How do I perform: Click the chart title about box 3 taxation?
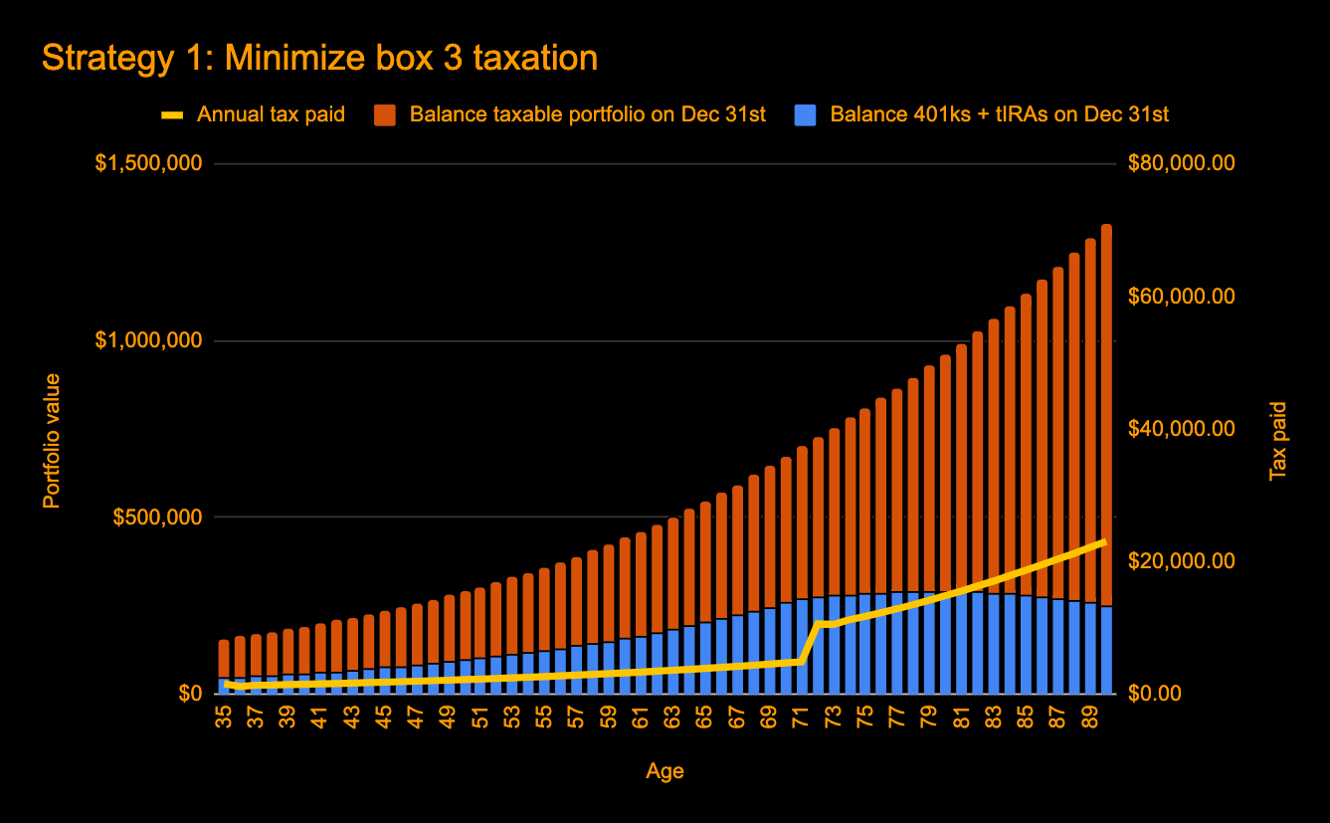(319, 59)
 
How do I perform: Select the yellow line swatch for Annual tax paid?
(172, 114)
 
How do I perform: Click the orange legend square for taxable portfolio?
(385, 114)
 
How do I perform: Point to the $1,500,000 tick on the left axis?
(148, 163)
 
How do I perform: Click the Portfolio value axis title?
(52, 440)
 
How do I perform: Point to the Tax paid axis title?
(1279, 440)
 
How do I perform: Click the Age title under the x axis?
(665, 771)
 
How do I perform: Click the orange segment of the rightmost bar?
(1106, 418)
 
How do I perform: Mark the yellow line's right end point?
(1105, 541)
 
